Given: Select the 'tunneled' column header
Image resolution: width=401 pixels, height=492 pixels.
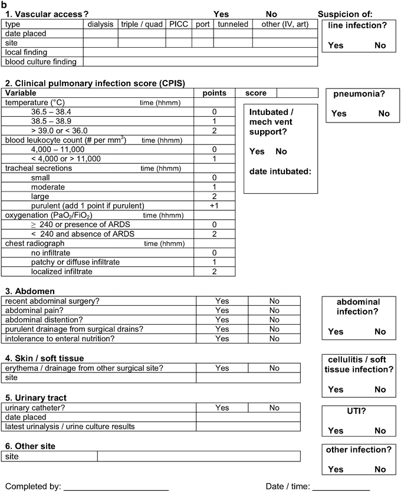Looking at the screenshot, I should coord(233,24).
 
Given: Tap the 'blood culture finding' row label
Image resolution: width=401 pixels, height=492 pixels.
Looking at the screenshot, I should coord(41,61).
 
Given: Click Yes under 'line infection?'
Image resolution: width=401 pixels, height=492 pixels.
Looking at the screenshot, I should coord(336,45).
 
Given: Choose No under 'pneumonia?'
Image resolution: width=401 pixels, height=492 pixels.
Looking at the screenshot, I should coord(384,114).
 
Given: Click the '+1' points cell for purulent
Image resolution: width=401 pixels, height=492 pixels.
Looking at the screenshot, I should coord(215,206).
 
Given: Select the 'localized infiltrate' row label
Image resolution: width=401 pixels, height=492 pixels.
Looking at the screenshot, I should coord(62,272).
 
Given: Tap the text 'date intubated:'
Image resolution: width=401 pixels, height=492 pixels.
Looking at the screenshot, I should coord(280,172).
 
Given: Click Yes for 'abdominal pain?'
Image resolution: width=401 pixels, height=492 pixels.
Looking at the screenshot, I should coord(222,311).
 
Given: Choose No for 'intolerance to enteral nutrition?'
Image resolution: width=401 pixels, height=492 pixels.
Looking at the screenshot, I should coord(274,339).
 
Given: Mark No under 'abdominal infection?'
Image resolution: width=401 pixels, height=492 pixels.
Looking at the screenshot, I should coord(380,332).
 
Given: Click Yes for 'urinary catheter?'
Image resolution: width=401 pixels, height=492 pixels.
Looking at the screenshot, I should coord(222,408).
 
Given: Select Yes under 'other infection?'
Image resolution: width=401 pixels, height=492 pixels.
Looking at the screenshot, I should coord(336,470).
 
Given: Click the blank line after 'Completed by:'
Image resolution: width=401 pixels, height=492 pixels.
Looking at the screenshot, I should coord(116,487).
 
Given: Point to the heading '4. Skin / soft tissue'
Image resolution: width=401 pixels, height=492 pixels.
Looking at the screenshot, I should coord(45,358).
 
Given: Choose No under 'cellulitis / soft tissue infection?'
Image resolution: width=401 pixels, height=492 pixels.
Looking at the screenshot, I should coord(380,389).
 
